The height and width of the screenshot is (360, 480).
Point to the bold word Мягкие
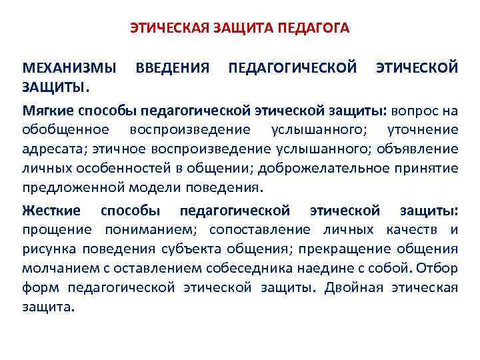[x=47, y=109]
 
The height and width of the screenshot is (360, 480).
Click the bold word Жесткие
[x=51, y=211]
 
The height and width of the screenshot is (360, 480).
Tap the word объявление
[x=417, y=148]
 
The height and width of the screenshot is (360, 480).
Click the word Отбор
[x=439, y=269]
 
